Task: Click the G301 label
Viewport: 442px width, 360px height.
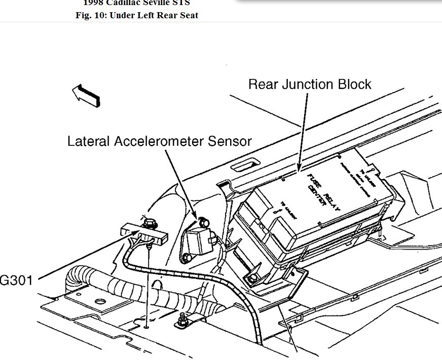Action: click(x=17, y=279)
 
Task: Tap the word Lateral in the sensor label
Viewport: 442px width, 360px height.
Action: click(x=89, y=141)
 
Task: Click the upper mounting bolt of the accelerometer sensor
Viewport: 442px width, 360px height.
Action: click(x=203, y=221)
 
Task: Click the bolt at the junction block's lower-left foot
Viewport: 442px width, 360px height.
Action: click(x=252, y=279)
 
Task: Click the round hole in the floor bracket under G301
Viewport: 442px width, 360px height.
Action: click(x=100, y=302)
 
